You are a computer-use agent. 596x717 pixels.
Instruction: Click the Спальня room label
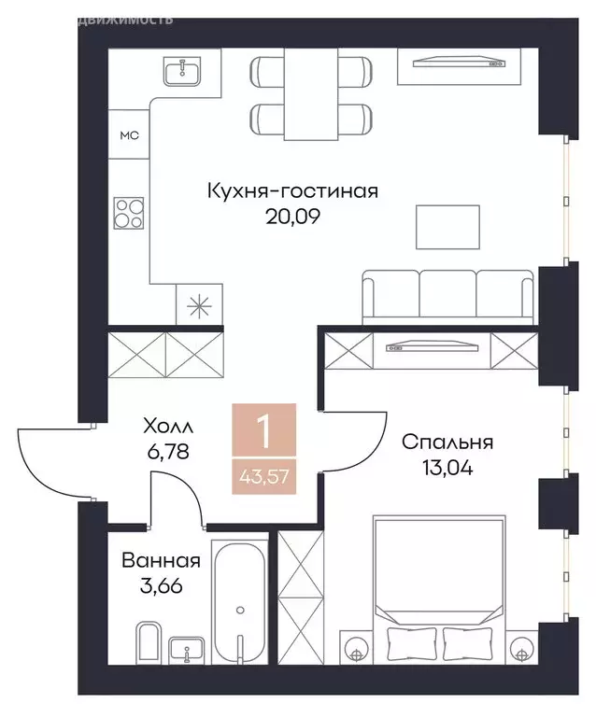click(447, 443)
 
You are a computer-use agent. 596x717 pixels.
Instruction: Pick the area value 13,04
click(447, 468)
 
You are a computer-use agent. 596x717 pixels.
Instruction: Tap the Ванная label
click(161, 561)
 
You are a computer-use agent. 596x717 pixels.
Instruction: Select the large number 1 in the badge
click(265, 432)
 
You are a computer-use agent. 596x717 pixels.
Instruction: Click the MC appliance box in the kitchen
click(128, 135)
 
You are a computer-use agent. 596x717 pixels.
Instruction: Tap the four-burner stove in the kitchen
click(129, 214)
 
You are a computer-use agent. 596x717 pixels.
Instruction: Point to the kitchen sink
click(182, 71)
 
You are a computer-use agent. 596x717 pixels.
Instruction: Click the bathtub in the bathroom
click(240, 602)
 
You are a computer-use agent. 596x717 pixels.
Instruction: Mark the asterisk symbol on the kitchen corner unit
click(200, 308)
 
